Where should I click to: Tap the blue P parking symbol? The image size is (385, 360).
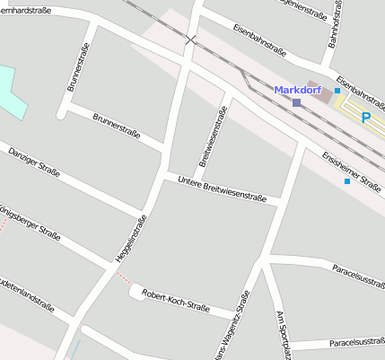(366, 117)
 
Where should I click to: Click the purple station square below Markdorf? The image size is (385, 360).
(296, 103)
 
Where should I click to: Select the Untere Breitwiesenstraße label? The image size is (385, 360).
(222, 191)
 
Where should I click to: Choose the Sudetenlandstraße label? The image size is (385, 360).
(27, 289)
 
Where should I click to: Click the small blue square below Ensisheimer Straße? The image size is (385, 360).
(347, 181)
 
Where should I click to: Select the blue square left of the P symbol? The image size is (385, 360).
(337, 91)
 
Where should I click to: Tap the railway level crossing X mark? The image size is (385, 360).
(190, 40)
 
